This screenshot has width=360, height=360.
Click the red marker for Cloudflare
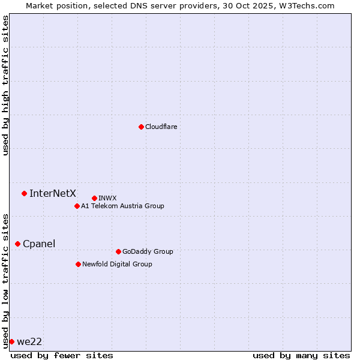pos(141,127)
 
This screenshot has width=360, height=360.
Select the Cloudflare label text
pos(161,127)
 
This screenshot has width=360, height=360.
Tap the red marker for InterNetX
pos(24,193)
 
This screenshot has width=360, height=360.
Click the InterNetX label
pos(53,193)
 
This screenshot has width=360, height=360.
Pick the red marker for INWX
pos(94,198)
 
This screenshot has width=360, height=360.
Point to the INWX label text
pos(107,199)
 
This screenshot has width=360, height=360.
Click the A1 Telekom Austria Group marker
pos(77,206)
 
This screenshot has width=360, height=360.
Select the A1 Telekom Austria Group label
pos(122,206)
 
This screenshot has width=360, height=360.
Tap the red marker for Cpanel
pos(17,244)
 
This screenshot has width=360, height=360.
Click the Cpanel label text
pos(39,244)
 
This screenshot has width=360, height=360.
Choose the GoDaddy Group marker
pos(118,251)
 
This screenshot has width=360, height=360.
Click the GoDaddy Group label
pos(148,252)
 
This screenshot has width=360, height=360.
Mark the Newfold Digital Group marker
pos(78,264)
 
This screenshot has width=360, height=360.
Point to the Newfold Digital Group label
pos(117,265)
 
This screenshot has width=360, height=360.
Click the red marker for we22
pos(11,341)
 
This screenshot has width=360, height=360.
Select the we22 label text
pos(29,342)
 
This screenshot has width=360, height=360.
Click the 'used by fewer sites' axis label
pos(62,356)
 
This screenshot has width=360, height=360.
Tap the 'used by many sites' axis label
pos(301,356)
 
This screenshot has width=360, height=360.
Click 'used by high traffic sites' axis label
pos(6,86)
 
